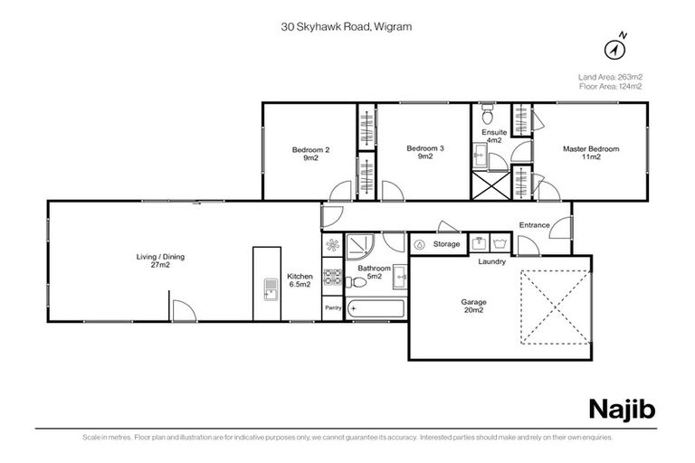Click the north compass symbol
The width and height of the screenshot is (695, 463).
(x=618, y=48)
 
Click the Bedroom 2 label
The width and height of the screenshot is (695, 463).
(x=309, y=153)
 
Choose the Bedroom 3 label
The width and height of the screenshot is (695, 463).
(x=425, y=153)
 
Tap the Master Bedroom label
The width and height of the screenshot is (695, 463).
(x=591, y=153)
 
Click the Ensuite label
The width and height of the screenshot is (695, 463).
(x=493, y=136)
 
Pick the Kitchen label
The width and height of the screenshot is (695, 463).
(x=299, y=280)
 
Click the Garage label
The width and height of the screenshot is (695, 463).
(x=472, y=305)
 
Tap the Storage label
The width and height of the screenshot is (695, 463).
(x=446, y=244)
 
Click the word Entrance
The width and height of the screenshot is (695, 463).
(x=535, y=225)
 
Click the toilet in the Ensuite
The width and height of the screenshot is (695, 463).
(x=486, y=115)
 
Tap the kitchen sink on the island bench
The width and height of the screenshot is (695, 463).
(x=270, y=289)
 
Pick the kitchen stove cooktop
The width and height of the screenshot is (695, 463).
(x=331, y=279)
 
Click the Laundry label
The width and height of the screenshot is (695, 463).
(x=491, y=262)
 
